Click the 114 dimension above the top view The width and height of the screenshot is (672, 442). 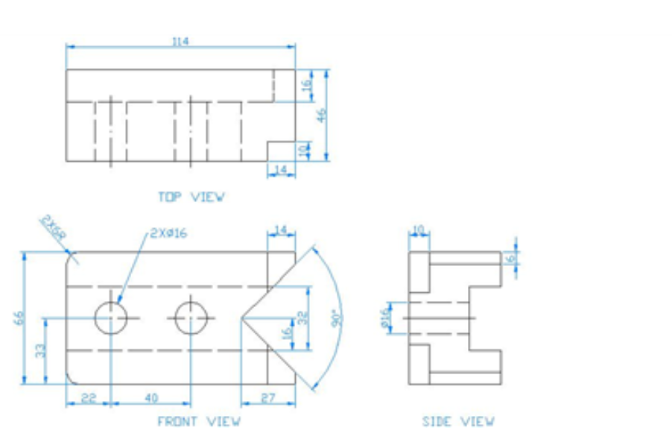pyautogui.click(x=180, y=42)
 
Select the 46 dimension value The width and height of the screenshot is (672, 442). pyautogui.click(x=322, y=115)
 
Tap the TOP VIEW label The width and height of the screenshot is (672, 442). pyautogui.click(x=191, y=197)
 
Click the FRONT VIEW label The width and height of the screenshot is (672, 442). pyautogui.click(x=198, y=422)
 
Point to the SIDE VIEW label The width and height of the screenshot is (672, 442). pyautogui.click(x=457, y=422)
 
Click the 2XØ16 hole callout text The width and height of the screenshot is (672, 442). pyautogui.click(x=168, y=233)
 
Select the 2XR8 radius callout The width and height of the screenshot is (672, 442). pyautogui.click(x=53, y=227)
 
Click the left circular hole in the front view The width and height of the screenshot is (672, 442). pyautogui.click(x=110, y=318)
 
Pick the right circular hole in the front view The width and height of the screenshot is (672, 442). pyautogui.click(x=191, y=318)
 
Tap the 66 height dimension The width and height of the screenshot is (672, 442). pyautogui.click(x=19, y=318)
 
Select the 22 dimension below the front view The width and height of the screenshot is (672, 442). pyautogui.click(x=88, y=398)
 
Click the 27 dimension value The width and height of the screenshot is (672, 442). pyautogui.click(x=268, y=398)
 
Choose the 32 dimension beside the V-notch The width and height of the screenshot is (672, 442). pyautogui.click(x=303, y=318)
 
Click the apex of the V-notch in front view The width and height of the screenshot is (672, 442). pyautogui.click(x=241, y=318)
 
